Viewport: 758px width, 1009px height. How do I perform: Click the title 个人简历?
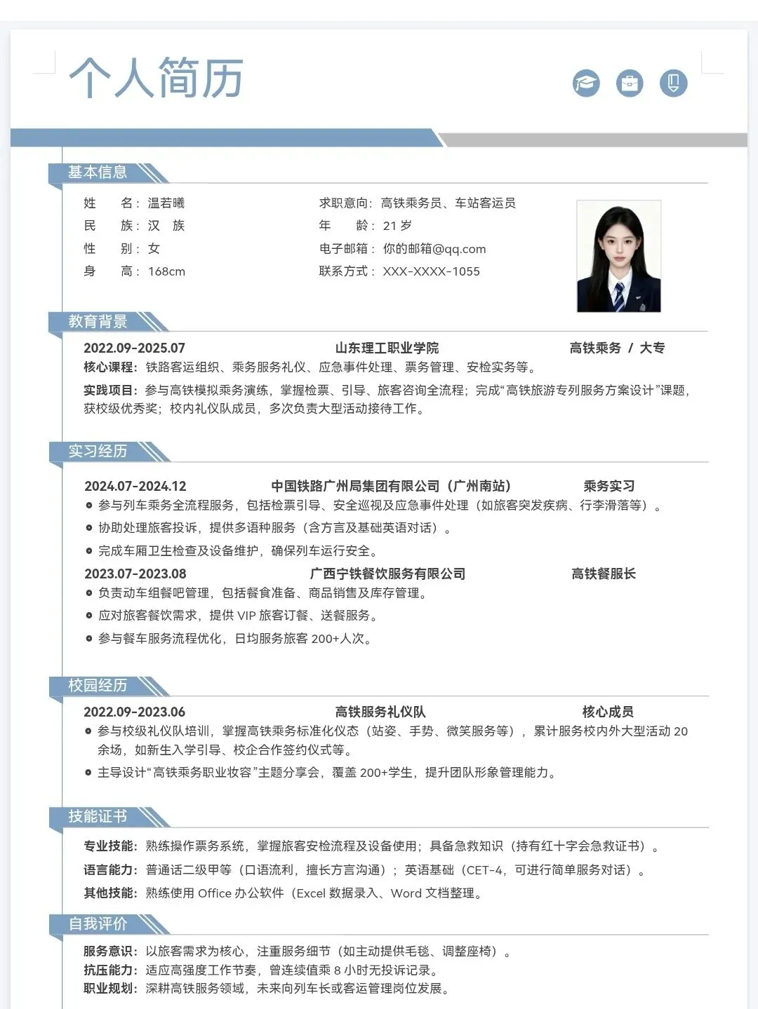pos(156,77)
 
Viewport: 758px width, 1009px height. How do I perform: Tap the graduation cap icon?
pos(586,83)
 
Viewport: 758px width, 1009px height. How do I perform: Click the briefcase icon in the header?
pos(630,83)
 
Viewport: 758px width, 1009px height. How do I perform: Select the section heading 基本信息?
pos(98,172)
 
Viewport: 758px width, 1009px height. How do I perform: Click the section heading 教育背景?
pos(98,322)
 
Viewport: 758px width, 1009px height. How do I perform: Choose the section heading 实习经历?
pos(98,452)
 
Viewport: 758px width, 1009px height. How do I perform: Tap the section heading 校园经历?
pos(98,686)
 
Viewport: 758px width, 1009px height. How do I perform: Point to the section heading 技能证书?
pos(98,817)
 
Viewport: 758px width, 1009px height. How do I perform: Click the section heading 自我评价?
pos(98,924)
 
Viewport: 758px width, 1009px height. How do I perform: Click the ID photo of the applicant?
pos(618,257)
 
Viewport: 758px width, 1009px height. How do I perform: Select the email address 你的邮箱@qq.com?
pos(434,249)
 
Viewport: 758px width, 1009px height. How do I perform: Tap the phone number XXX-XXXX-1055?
pos(432,271)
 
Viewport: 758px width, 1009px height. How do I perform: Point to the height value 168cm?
pos(167,271)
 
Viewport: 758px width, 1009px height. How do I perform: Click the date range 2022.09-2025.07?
pos(134,348)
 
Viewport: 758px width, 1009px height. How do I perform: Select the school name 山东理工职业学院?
pos(387,348)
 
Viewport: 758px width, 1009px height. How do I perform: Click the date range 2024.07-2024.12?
pos(135,486)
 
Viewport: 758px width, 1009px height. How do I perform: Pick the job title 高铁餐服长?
pos(604,574)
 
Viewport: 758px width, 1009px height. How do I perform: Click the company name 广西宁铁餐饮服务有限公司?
pos(387,574)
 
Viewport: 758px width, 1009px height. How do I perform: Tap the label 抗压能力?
pos(109,970)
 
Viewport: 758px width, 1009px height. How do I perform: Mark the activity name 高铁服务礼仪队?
pos(380,712)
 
